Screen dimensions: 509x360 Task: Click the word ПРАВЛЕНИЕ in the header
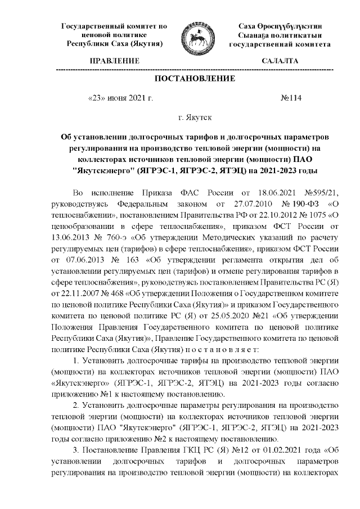115,60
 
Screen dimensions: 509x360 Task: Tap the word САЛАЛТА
280,60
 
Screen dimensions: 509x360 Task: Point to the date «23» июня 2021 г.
120,98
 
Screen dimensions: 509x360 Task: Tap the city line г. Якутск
194,118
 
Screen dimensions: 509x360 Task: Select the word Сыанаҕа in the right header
258,35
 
